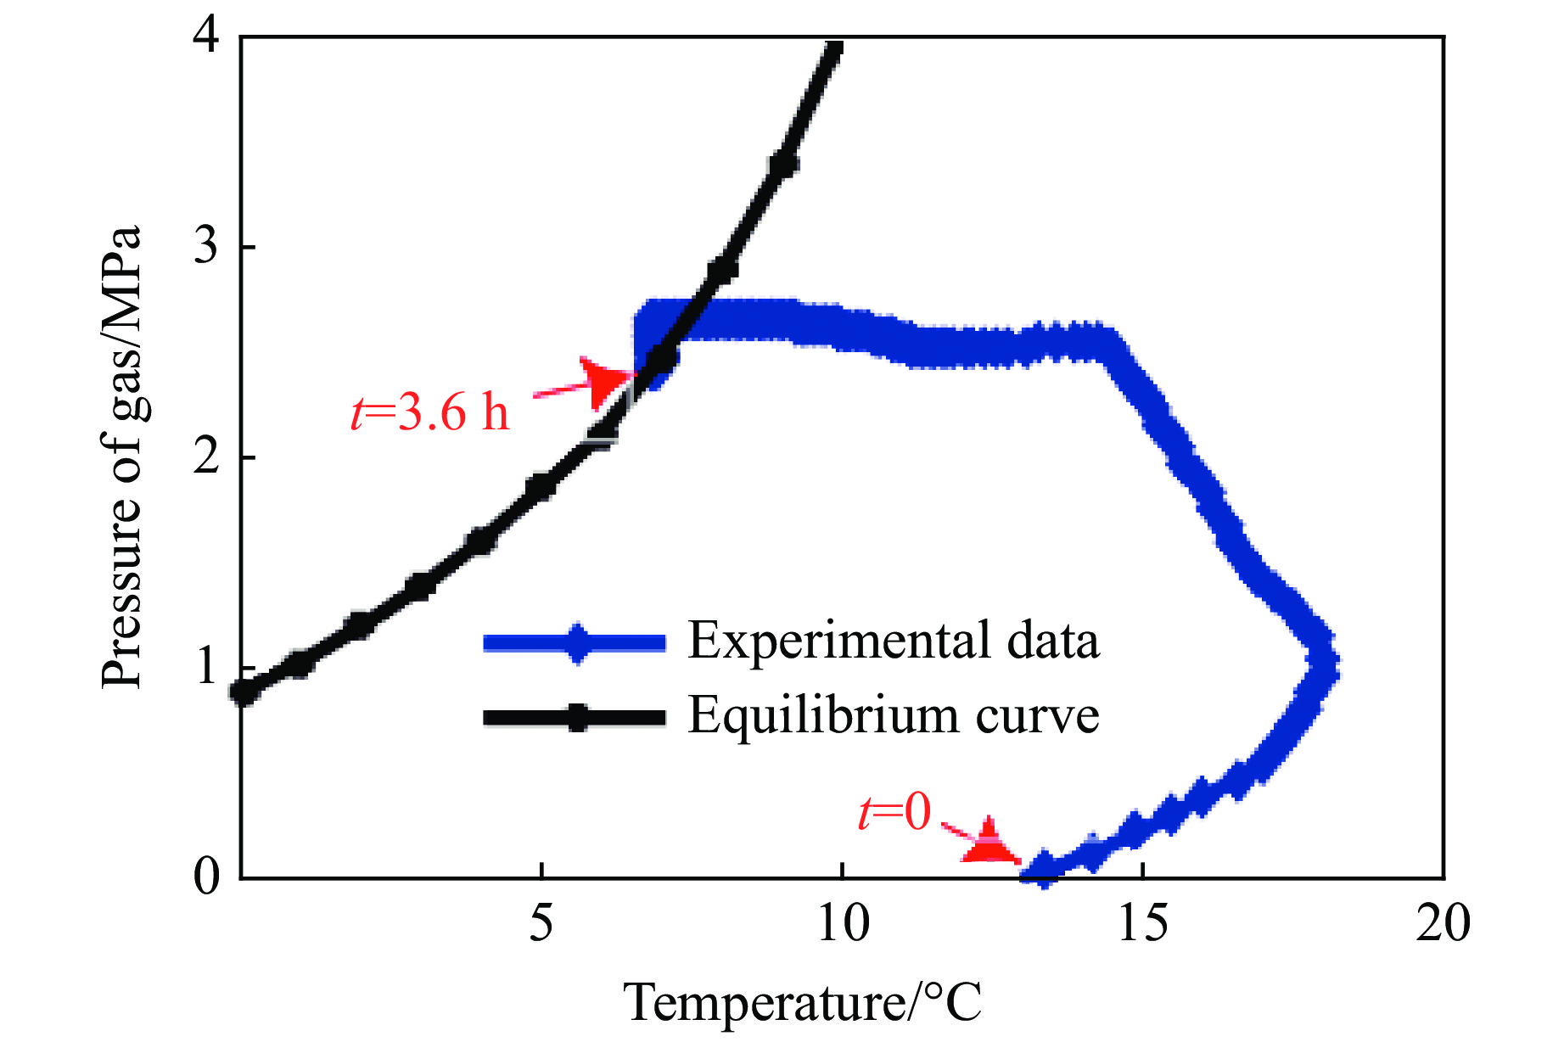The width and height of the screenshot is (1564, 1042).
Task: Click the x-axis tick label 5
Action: pos(541,922)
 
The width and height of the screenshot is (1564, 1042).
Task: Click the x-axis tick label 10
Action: pos(843,922)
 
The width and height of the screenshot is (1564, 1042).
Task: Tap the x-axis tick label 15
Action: pos(1143,922)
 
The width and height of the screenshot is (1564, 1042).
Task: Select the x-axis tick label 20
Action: pos(1443,922)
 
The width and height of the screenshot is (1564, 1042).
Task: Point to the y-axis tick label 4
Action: pos(206,39)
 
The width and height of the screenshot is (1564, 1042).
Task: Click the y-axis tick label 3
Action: pos(206,247)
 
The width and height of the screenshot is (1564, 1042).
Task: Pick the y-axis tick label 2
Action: pos(206,457)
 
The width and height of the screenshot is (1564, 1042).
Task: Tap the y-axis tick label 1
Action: pos(206,667)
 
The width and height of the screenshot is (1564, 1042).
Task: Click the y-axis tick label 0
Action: pos(206,877)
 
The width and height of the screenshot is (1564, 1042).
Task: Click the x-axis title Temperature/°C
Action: pos(803,1002)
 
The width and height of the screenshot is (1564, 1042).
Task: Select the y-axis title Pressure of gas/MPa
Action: pos(121,457)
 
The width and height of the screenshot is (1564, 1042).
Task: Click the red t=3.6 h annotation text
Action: pos(430,413)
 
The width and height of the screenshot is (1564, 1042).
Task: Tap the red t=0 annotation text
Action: pos(894,811)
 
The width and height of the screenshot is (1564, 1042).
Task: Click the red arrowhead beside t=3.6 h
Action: pos(604,382)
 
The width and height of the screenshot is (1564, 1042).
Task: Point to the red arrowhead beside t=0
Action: pos(988,843)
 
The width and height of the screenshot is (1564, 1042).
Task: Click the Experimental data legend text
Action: pos(893,641)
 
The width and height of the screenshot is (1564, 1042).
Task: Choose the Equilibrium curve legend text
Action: pos(893,715)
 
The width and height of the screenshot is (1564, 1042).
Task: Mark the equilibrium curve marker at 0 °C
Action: pos(244,692)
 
